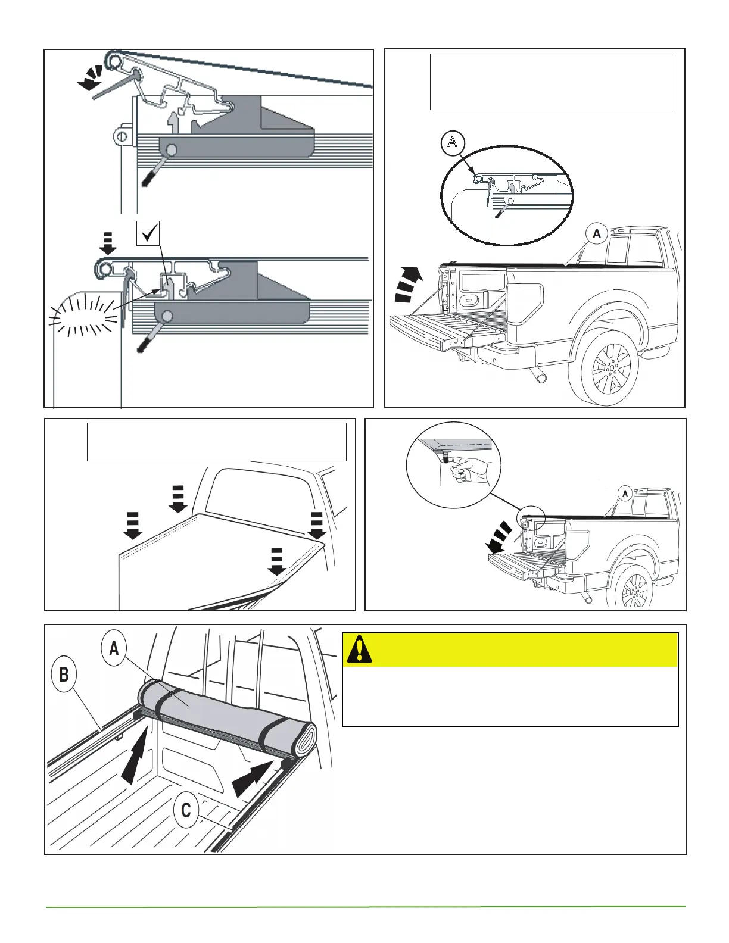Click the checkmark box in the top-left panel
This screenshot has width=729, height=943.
point(149,233)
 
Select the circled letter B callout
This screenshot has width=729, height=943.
point(64,675)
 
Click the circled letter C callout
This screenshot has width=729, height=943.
point(186,810)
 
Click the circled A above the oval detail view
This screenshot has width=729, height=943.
point(453,142)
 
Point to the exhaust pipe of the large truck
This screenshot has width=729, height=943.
point(540,376)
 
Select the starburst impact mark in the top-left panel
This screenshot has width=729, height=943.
point(83,316)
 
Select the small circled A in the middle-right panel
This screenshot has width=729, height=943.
point(625,494)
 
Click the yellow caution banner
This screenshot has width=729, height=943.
point(510,650)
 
